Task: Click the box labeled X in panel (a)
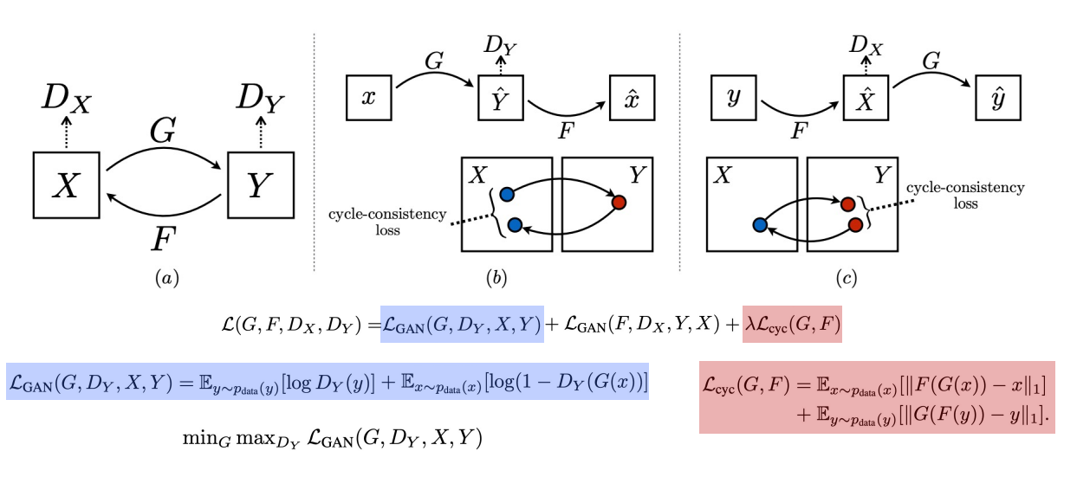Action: coord(67,184)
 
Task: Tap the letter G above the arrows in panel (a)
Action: coord(165,132)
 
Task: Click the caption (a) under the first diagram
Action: coord(165,278)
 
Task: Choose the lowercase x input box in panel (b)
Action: coord(370,98)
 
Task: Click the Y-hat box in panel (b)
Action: coord(502,98)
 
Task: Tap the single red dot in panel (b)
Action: coord(619,202)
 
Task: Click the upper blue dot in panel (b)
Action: coord(507,192)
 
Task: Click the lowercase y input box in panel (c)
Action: coord(736,98)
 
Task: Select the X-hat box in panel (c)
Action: coord(867,98)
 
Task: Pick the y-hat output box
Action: coord(998,98)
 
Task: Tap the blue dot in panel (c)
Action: coord(760,225)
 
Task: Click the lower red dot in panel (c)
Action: coord(855,225)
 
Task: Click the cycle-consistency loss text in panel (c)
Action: coord(964,196)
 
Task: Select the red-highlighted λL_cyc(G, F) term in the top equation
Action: coord(791,326)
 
